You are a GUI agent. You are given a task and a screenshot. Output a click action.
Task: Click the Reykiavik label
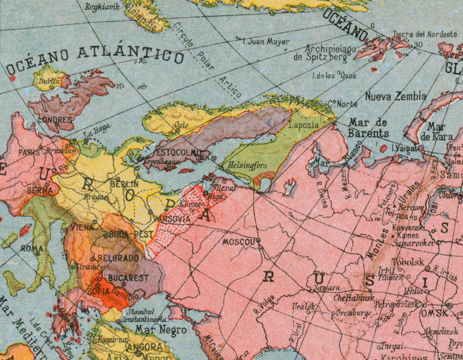pos(102,6)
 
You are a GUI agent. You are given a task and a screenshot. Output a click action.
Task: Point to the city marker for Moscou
pos(258,240)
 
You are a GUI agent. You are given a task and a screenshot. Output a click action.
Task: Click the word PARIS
pos(29,152)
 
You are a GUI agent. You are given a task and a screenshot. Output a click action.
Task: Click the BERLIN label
pos(124,184)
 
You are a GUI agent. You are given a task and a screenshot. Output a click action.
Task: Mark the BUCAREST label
pos(128,278)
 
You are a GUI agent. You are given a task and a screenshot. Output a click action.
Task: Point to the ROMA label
pos(32,248)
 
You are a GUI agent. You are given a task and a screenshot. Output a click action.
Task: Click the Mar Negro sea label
pos(161,330)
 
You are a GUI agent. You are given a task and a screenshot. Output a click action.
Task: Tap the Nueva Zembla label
pos(395,96)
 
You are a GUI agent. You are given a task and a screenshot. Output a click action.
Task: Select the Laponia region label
pos(303,125)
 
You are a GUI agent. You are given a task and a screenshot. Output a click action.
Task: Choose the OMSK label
pos(434,313)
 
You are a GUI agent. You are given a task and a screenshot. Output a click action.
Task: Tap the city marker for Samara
pos(312,291)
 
